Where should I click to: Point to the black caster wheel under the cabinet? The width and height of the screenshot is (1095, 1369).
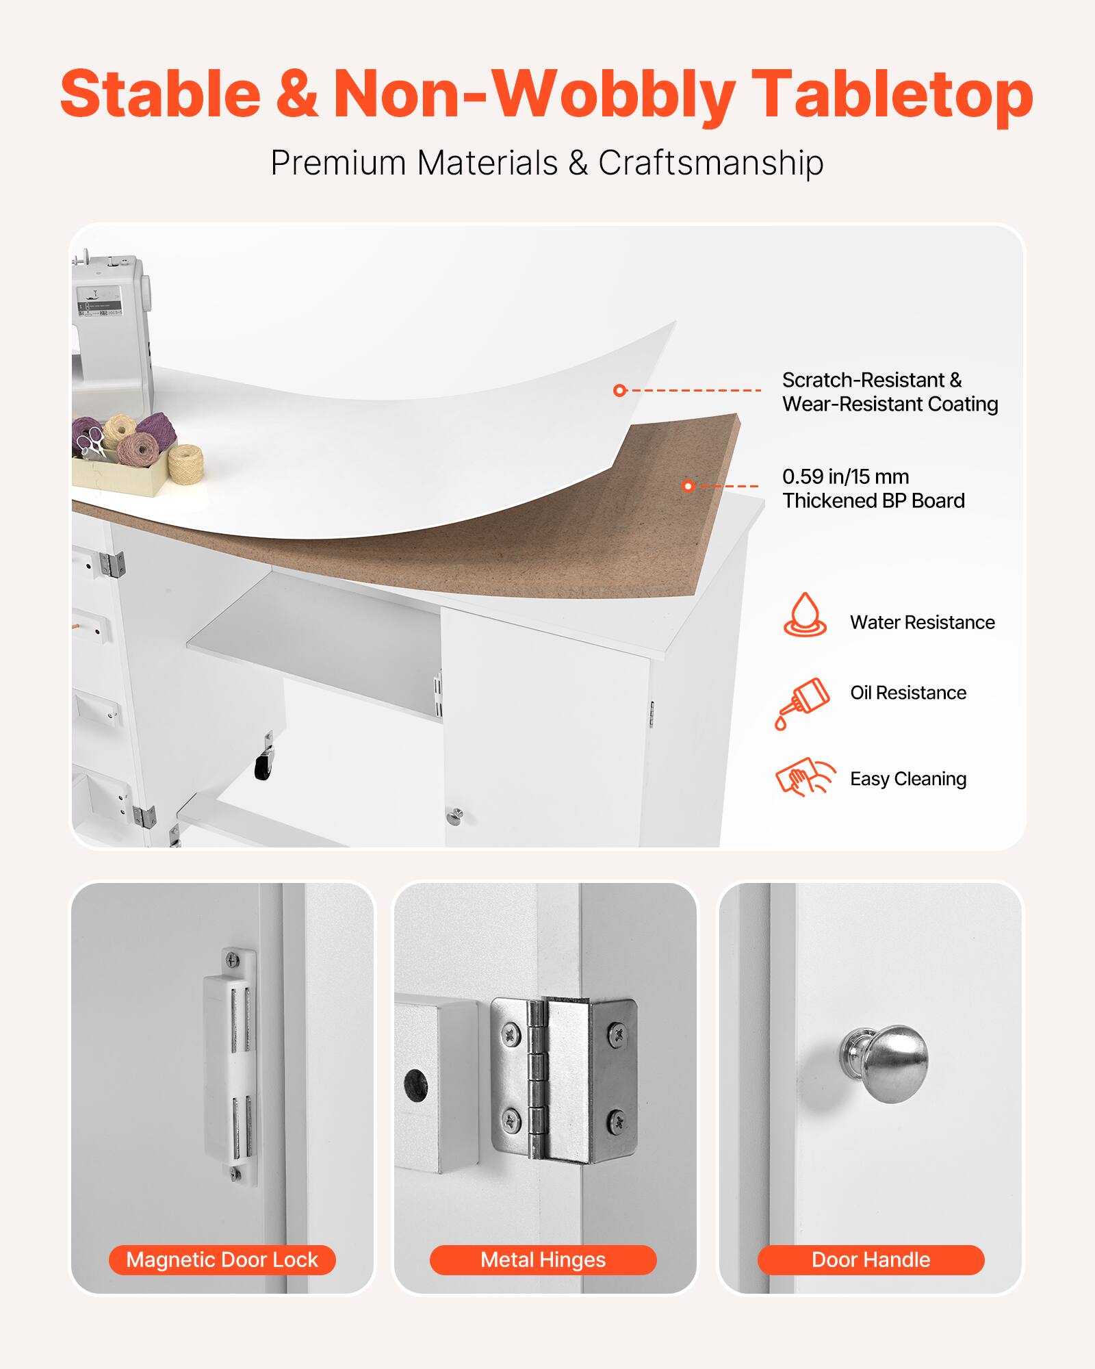(263, 766)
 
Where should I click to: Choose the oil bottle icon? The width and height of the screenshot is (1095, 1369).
(802, 702)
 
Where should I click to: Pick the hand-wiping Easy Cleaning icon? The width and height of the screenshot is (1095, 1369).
(805, 778)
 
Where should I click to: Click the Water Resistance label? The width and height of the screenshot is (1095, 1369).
(922, 622)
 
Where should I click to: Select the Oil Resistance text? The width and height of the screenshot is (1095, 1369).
(908, 693)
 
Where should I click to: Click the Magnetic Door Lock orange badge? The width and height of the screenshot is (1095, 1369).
(222, 1259)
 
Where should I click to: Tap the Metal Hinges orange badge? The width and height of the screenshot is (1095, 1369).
(543, 1259)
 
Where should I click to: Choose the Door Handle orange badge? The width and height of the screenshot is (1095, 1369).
(871, 1259)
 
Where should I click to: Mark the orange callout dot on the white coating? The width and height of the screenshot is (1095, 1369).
(619, 390)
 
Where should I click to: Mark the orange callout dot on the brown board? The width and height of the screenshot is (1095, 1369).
(688, 486)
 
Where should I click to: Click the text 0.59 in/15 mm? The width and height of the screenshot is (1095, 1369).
(845, 476)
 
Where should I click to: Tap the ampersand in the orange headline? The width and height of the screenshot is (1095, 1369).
(297, 94)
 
